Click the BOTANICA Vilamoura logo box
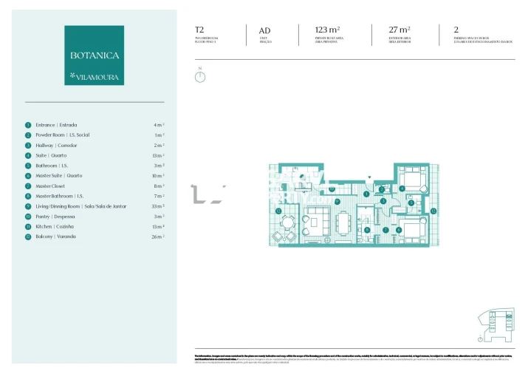[94, 55]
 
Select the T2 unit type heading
[199, 30]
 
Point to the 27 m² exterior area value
[400, 30]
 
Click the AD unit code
[264, 30]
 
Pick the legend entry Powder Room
[62, 135]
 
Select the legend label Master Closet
[51, 186]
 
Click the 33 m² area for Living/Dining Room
[158, 206]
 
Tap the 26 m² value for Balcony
[158, 237]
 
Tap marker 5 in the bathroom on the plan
[411, 203]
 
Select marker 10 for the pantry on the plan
[332, 189]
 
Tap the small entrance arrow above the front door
[370, 178]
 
